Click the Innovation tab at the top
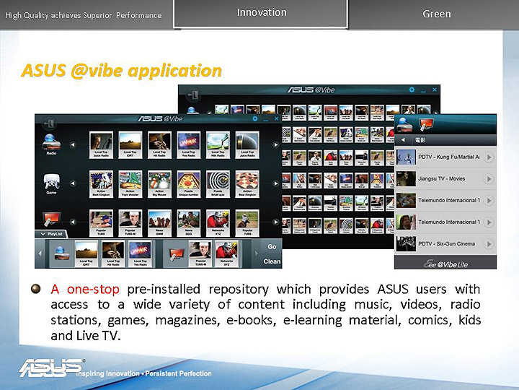261,12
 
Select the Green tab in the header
436,14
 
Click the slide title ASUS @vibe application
121,71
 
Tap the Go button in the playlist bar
272,246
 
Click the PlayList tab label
52,234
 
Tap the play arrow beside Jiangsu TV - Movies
489,178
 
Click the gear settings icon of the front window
254,118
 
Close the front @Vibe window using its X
276,118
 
